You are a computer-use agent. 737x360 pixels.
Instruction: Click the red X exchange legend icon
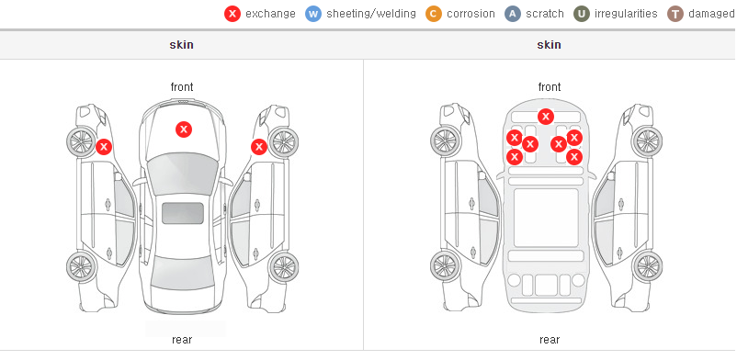[x=232, y=14]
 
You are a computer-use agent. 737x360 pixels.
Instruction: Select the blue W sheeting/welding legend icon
[x=313, y=14]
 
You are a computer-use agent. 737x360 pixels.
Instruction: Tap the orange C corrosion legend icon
[x=434, y=14]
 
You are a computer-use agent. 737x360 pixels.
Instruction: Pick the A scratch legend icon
[x=513, y=14]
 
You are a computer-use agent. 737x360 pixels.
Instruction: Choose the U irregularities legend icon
[x=582, y=14]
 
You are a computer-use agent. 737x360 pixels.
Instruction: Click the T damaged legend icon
[x=675, y=14]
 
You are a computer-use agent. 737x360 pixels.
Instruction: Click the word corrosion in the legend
[x=471, y=14]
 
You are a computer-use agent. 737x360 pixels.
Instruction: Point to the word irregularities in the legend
[x=626, y=14]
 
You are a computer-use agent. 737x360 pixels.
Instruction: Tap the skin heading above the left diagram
[x=181, y=45]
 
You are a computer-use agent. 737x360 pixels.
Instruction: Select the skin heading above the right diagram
[x=549, y=45]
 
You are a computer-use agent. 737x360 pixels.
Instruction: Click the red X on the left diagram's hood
[x=184, y=129]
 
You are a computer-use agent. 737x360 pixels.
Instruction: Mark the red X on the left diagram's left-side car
[x=104, y=147]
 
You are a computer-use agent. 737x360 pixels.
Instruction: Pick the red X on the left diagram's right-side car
[x=259, y=147]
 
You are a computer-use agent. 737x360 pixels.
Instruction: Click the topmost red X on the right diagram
[x=545, y=116]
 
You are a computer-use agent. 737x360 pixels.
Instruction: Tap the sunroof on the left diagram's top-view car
[x=183, y=213]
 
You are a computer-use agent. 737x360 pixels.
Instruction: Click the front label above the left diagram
[x=182, y=87]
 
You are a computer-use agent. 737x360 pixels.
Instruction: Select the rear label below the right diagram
[x=550, y=340]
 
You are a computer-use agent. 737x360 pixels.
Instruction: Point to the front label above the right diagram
[x=550, y=87]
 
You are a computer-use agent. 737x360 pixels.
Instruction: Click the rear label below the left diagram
[x=182, y=340]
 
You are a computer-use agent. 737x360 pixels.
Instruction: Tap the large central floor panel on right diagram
[x=546, y=218]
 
